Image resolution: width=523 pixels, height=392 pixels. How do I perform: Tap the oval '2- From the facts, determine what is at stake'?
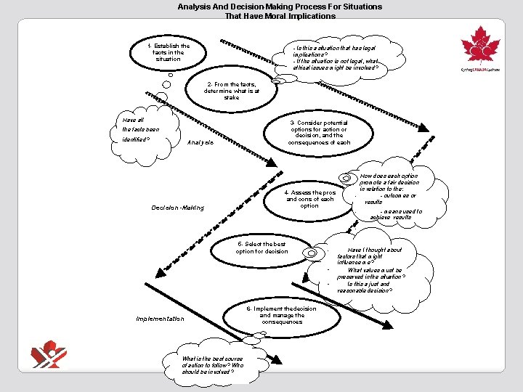[231, 91]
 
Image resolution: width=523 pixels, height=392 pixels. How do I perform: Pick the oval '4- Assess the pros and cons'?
[309, 194]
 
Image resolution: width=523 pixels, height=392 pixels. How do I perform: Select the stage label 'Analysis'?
[200, 142]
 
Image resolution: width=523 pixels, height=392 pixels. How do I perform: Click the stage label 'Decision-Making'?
[178, 208]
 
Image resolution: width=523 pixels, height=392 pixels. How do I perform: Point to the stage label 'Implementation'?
[160, 319]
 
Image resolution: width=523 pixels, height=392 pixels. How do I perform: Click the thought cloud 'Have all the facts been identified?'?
[141, 130]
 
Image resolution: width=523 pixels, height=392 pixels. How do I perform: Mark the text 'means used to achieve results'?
[396, 214]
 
